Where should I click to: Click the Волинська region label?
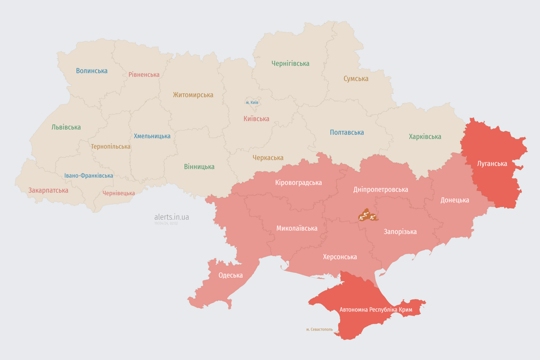92,71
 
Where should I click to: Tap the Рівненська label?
144,75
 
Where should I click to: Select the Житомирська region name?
193,95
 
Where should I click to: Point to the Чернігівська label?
290,63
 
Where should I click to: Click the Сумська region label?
356,79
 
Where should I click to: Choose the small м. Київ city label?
252,102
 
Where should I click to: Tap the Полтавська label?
347,132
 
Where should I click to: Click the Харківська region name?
425,136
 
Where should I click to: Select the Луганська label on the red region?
492,164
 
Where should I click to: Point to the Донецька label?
454,200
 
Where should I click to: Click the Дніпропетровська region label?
380,189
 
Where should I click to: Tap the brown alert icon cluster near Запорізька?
368,215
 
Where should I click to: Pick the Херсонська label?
339,256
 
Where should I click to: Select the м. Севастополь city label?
319,329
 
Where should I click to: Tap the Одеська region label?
231,275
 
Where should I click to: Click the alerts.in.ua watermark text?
172,217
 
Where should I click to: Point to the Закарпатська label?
48,190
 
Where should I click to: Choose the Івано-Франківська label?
89,176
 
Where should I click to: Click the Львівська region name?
66,127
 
